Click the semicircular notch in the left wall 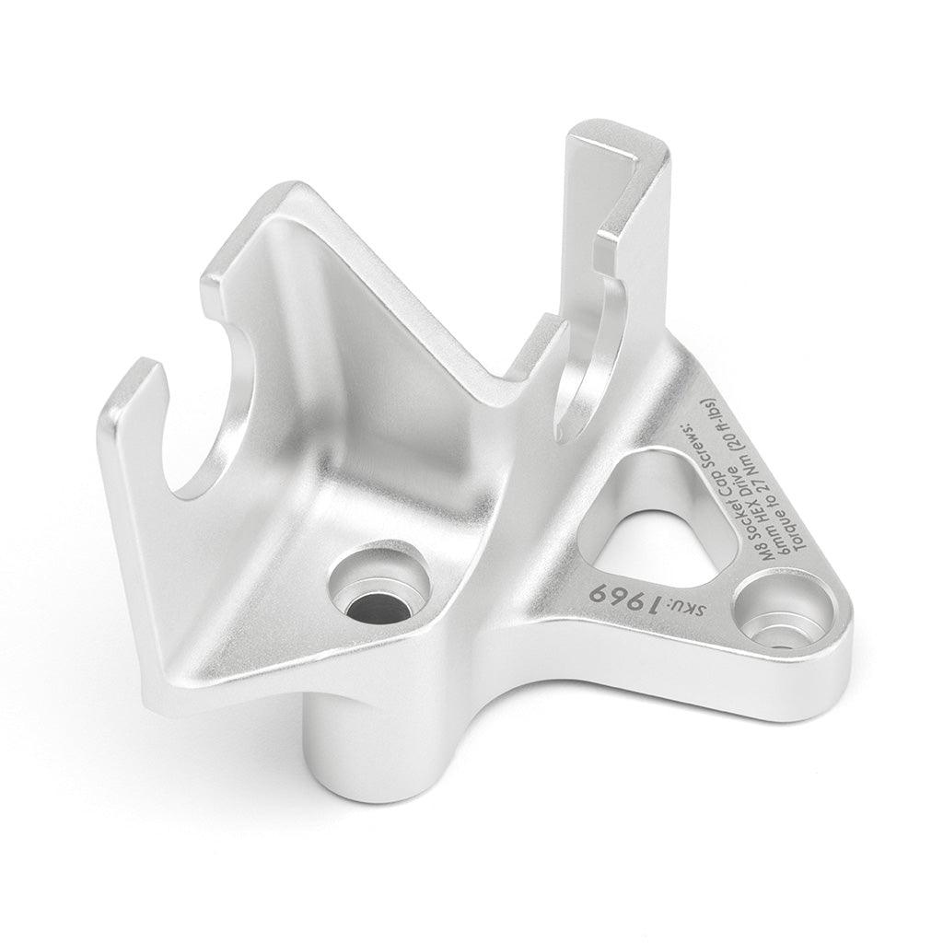[221, 424]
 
